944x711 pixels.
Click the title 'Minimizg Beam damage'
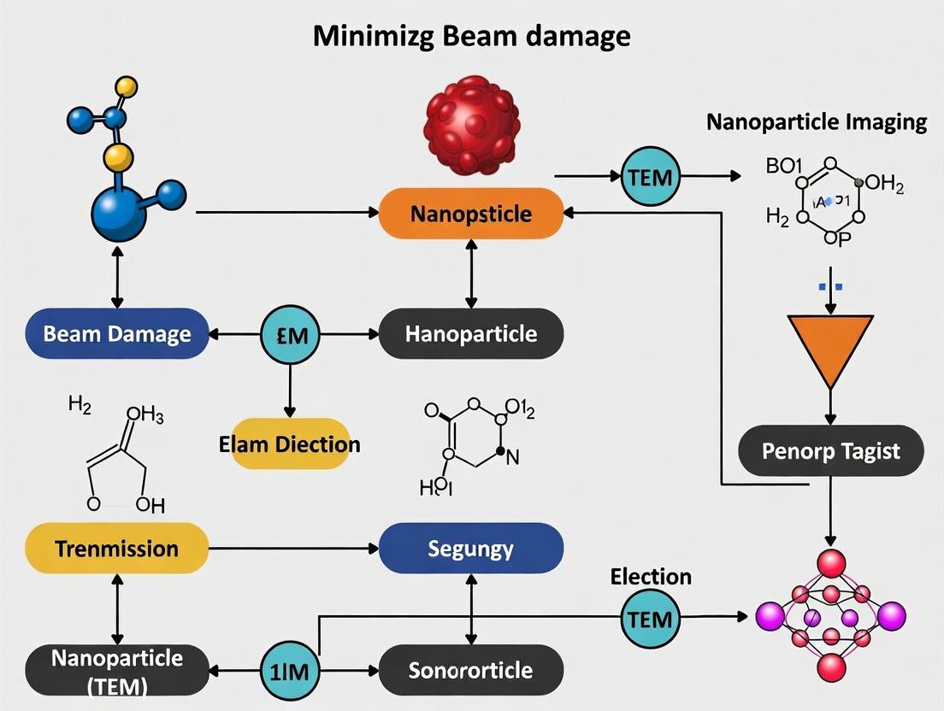click(471, 36)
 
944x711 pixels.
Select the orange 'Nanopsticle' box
click(471, 213)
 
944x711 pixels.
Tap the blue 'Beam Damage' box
click(117, 332)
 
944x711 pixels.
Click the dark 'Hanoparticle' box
click(471, 332)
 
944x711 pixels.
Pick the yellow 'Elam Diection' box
click(289, 444)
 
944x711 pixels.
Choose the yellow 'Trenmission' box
click(117, 548)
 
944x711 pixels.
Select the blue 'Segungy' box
click(471, 548)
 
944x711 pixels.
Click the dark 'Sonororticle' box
click(471, 670)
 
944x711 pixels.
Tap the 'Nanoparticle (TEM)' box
click(117, 670)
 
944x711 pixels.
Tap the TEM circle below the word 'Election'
click(650, 619)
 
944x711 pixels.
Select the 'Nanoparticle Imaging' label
click(817, 122)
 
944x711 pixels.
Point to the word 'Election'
click(651, 577)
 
